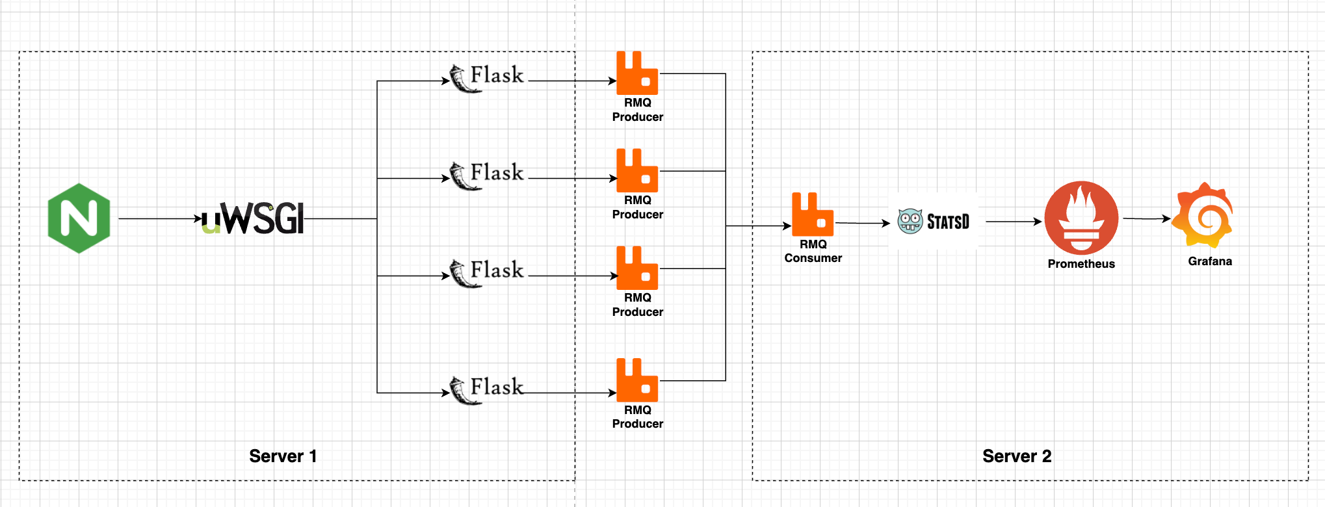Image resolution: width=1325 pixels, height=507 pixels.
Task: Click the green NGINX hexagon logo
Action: click(79, 218)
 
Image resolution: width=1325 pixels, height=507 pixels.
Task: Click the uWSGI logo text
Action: click(253, 218)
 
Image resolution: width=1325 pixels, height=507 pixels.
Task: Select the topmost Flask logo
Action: click(487, 78)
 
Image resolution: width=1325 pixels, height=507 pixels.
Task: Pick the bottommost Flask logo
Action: click(487, 390)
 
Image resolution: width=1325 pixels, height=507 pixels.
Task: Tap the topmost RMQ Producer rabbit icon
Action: click(637, 73)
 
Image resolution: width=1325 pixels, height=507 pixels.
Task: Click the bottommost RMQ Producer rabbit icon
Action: click(637, 380)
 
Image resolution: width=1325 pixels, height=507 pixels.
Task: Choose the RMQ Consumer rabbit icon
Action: click(813, 214)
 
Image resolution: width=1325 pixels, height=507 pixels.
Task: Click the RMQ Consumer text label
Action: click(813, 251)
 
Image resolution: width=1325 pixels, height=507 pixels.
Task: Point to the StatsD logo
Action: click(934, 222)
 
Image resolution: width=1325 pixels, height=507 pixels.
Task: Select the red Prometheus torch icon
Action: click(1081, 218)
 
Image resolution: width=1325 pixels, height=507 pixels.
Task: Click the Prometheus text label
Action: click(1081, 264)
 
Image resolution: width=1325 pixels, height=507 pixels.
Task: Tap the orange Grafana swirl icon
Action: click(1203, 215)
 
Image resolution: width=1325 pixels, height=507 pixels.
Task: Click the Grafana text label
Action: click(1210, 261)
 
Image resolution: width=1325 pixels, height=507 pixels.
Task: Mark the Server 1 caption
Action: click(283, 456)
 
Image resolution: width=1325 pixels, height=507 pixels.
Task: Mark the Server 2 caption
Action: click(1017, 456)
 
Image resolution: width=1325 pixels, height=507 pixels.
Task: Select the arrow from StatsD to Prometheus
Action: click(1014, 222)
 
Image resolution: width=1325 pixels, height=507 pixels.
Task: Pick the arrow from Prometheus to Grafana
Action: click(1147, 218)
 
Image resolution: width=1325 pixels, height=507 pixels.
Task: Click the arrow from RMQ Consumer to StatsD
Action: click(863, 223)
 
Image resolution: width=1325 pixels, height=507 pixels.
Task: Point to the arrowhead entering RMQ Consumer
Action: click(787, 226)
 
